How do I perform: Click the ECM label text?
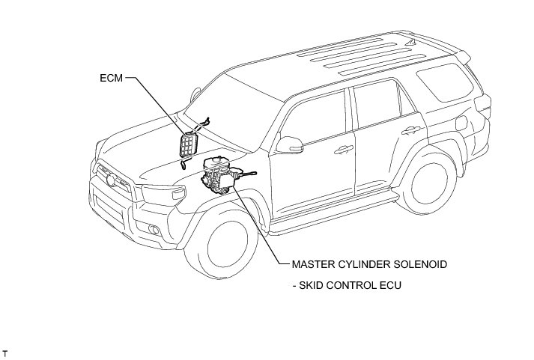pyautogui.click(x=110, y=76)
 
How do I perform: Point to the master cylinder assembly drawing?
pyautogui.click(x=222, y=179)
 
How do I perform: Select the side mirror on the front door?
pyautogui.click(x=289, y=141)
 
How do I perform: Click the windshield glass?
pyautogui.click(x=225, y=105)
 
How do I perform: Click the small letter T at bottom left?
pyautogui.click(x=4, y=352)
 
